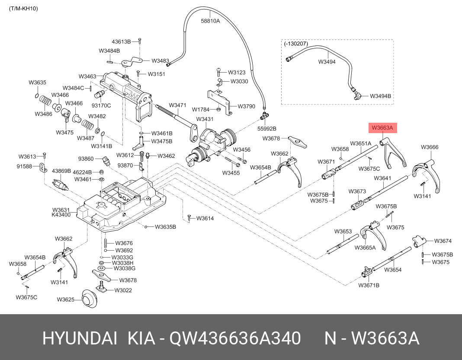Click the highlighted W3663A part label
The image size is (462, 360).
(382, 128)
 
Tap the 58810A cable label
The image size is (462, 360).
(210, 20)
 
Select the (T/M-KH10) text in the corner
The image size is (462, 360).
(23, 8)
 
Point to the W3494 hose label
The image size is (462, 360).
(327, 61)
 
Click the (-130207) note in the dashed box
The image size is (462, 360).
(296, 44)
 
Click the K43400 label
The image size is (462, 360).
(61, 215)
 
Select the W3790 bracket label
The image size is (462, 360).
(247, 106)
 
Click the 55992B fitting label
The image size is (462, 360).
(266, 128)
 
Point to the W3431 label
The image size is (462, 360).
(205, 119)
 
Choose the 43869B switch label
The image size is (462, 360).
(61, 171)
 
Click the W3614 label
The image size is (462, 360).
(205, 218)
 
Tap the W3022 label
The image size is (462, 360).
(123, 290)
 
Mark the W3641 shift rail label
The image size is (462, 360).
(382, 178)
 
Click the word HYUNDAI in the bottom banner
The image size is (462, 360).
(79, 339)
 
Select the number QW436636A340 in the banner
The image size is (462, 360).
(235, 339)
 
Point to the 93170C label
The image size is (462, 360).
(101, 105)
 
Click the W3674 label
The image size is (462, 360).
(443, 241)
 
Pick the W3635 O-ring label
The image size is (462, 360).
(37, 82)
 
